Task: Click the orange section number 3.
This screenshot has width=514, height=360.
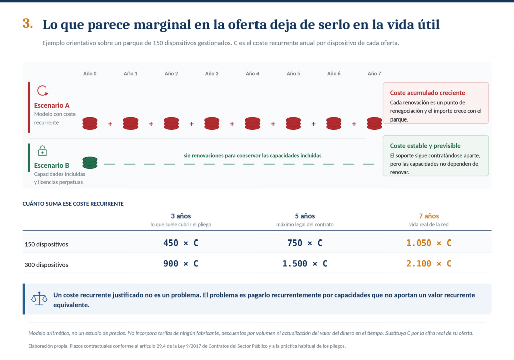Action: click(28, 23)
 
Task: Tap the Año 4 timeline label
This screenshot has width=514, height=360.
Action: click(252, 74)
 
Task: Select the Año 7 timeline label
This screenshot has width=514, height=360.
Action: click(374, 74)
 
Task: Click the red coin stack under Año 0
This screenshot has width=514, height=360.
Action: click(90, 124)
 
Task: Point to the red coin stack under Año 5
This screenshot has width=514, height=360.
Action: click(293, 124)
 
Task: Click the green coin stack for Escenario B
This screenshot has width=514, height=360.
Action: click(90, 163)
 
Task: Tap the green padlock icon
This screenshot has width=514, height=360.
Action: click(42, 151)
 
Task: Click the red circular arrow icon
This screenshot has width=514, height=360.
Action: click(42, 91)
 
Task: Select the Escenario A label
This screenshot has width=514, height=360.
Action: click(52, 105)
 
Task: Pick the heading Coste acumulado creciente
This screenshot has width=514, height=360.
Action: click(427, 93)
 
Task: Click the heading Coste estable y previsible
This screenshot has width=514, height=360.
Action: click(425, 146)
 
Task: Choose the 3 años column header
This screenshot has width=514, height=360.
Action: click(181, 216)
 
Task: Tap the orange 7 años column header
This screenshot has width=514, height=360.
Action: click(429, 216)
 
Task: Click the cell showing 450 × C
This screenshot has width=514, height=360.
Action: click(181, 243)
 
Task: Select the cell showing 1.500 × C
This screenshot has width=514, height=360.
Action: click(305, 264)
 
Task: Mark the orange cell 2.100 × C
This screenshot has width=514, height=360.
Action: click(429, 264)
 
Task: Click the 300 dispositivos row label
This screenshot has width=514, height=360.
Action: click(46, 265)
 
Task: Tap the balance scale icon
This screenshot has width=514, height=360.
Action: click(39, 299)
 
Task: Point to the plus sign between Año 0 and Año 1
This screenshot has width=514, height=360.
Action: click(110, 124)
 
